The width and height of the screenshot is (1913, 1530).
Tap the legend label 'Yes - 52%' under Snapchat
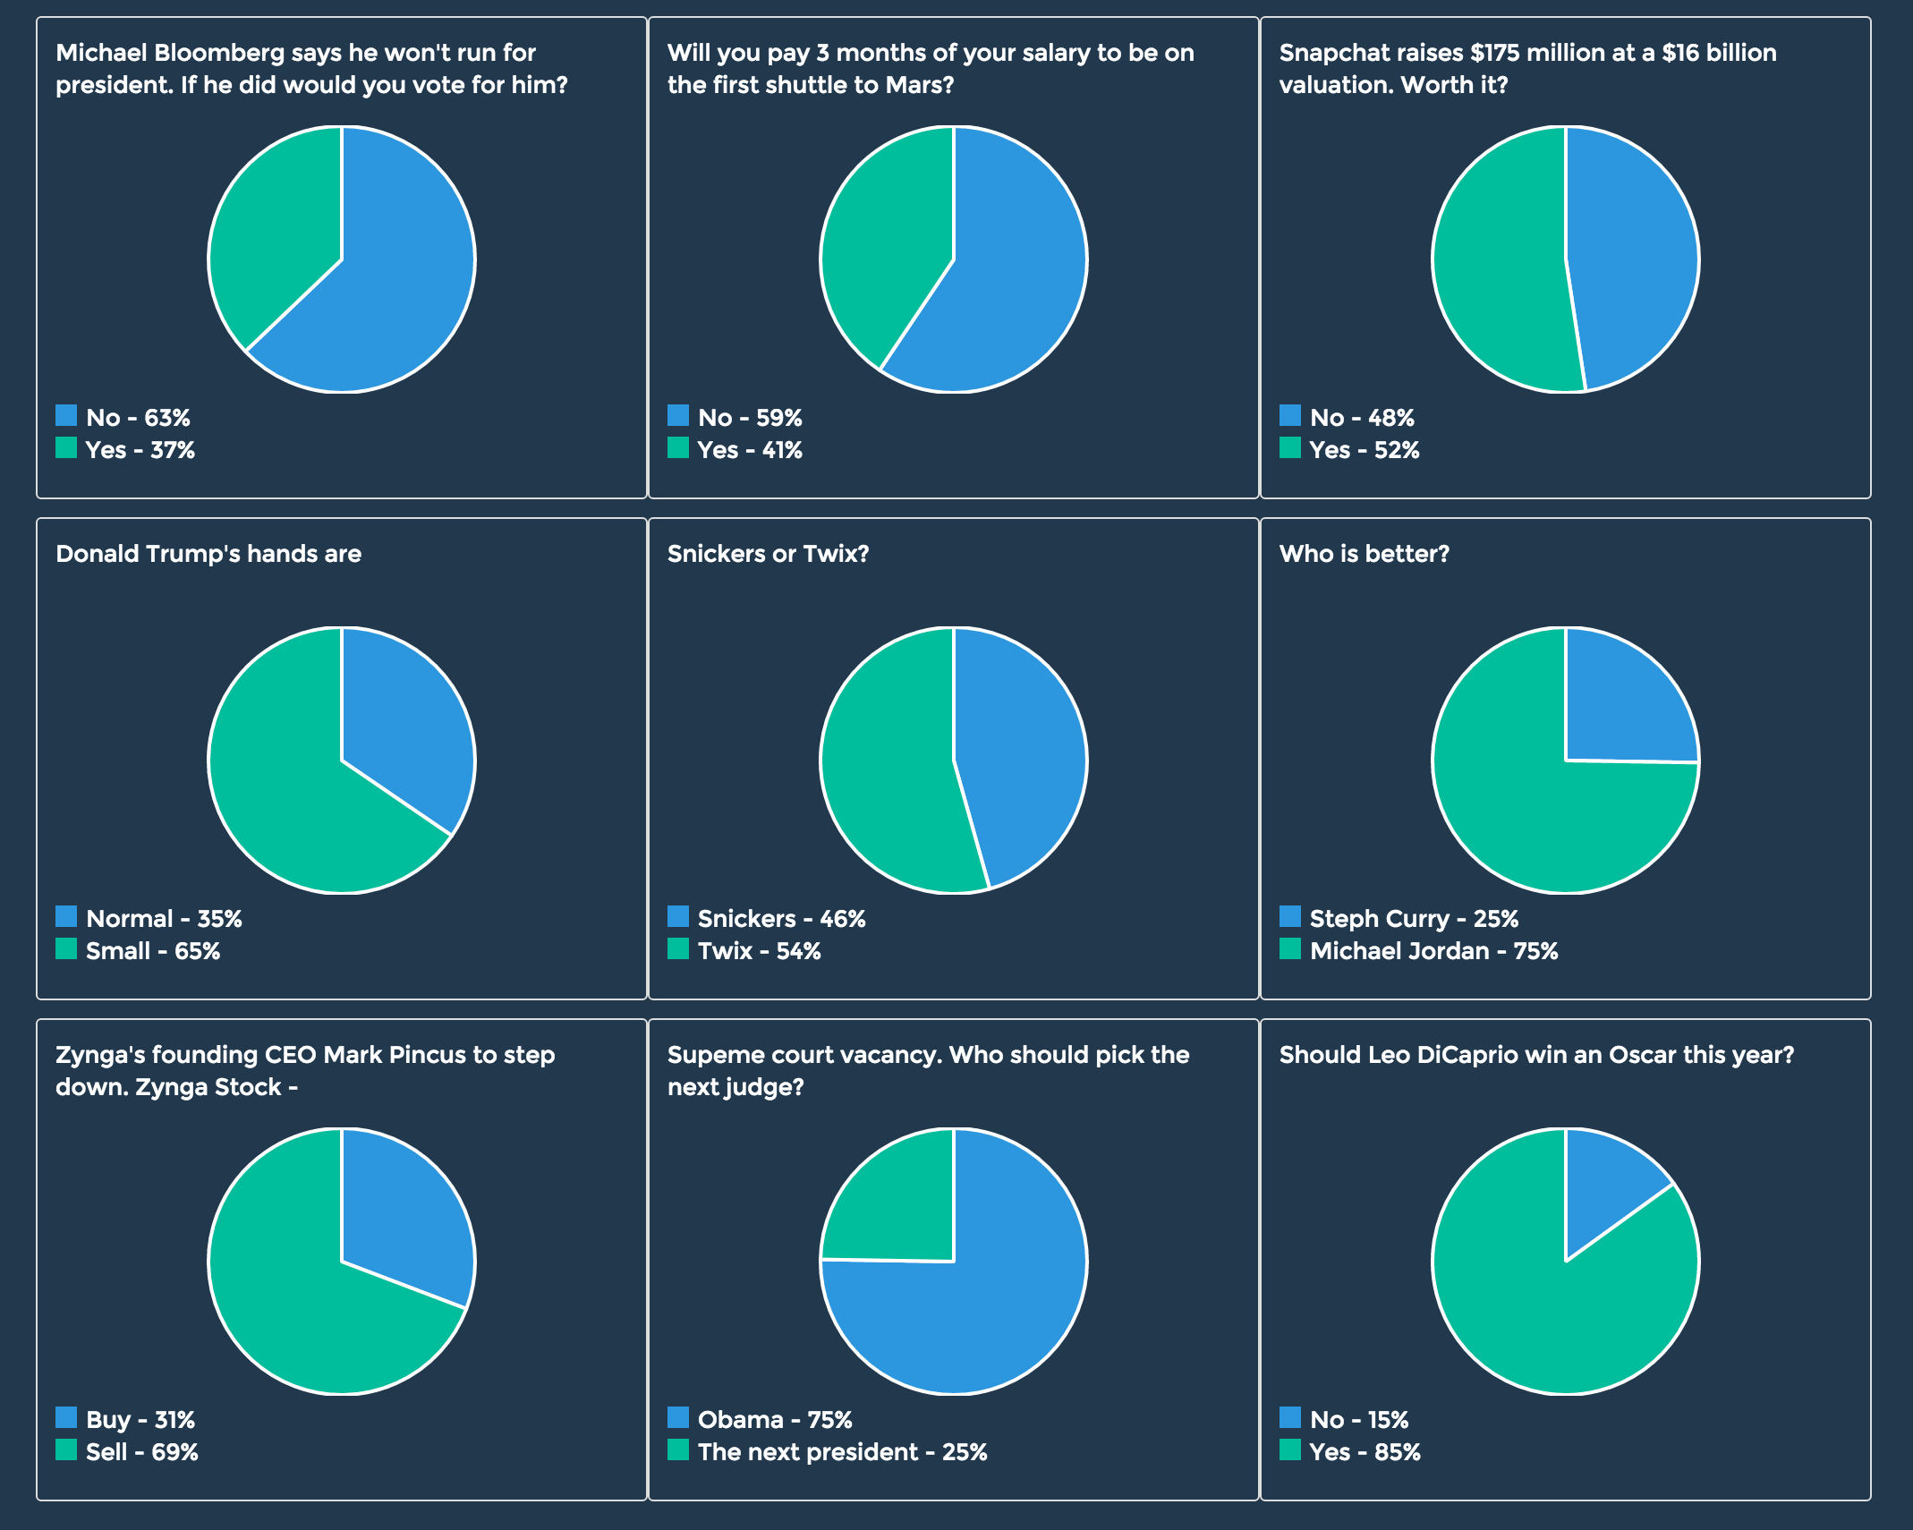(x=1364, y=450)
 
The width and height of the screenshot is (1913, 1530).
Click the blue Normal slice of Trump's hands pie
(x=403, y=725)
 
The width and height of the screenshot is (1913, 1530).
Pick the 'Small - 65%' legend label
(x=152, y=951)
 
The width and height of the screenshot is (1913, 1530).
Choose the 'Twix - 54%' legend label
(x=759, y=951)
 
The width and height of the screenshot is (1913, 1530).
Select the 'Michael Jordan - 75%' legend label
(x=1433, y=951)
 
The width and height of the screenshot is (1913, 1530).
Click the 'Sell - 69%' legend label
(x=141, y=1452)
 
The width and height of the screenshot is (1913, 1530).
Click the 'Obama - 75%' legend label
(x=774, y=1420)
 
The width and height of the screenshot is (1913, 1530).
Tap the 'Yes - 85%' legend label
(x=1365, y=1452)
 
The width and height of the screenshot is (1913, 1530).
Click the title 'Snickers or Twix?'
(x=768, y=554)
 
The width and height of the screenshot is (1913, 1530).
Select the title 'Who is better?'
(x=1364, y=554)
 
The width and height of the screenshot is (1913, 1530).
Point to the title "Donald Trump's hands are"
(x=208, y=554)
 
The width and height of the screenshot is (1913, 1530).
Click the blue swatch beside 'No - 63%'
(x=66, y=416)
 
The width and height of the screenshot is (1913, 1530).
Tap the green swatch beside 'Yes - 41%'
(x=678, y=448)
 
